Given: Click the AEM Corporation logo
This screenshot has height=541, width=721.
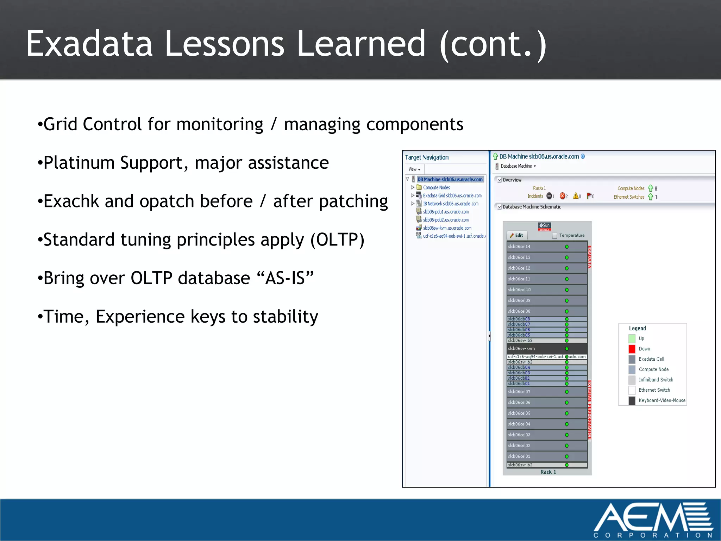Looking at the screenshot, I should point(653,520).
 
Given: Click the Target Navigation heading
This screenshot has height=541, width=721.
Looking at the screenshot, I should point(427,157).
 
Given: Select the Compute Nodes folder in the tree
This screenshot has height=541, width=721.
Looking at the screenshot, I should point(436,188).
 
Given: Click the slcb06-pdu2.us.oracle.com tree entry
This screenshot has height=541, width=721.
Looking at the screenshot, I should point(446,220).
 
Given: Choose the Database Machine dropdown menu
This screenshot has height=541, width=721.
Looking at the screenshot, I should point(518,166).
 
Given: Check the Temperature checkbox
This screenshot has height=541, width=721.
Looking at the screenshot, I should point(554,236).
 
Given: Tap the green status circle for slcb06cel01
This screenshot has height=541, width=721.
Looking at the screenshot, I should point(567,456).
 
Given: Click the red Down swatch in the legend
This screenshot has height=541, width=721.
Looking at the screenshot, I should point(632,349).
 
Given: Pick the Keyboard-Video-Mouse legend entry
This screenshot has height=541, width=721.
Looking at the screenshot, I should point(662,400).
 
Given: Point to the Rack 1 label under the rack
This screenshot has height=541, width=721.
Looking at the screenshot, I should point(548,472).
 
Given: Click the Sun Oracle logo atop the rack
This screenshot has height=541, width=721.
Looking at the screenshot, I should point(544,226).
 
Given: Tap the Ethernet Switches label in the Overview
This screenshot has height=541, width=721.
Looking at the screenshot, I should point(629,197).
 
